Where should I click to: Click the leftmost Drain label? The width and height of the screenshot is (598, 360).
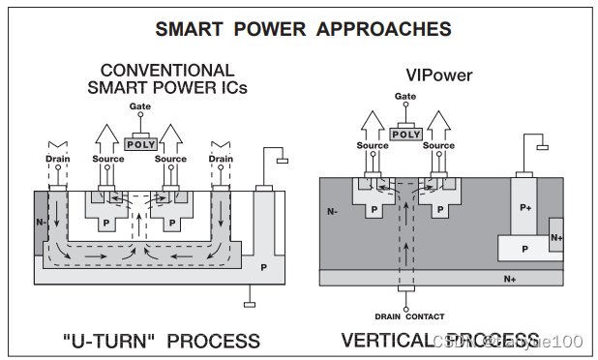tap(57, 159)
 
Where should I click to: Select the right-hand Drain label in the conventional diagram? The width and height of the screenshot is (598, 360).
tap(221, 159)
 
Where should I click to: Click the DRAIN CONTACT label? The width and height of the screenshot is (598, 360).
tap(410, 316)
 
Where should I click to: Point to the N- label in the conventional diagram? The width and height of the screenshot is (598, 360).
tap(41, 222)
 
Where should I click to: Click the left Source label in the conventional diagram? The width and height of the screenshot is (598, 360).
tap(108, 159)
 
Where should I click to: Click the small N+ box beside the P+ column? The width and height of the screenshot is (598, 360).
tap(555, 237)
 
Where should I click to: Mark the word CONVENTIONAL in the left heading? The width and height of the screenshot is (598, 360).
tap(167, 70)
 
